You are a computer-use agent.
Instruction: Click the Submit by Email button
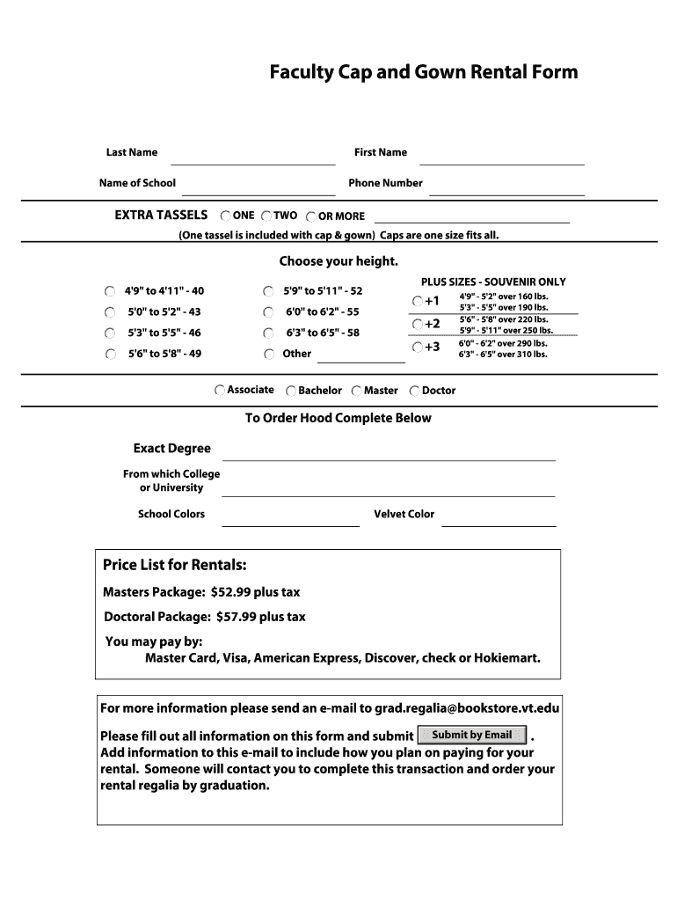tap(472, 735)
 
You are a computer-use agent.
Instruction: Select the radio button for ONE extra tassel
tap(226, 216)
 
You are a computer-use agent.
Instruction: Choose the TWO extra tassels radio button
tap(266, 216)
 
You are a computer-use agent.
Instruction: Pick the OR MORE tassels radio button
tap(311, 216)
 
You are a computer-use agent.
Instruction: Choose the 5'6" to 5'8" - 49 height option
tap(109, 355)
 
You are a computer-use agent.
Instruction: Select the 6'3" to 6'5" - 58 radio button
tap(268, 333)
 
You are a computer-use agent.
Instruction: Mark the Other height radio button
tap(268, 355)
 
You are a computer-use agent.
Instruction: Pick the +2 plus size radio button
tap(418, 324)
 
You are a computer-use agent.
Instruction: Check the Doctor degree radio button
tap(415, 391)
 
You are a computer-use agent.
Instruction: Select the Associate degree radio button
tap(220, 390)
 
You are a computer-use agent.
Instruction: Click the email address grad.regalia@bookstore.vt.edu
tap(467, 708)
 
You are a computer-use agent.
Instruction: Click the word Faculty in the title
tap(301, 72)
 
